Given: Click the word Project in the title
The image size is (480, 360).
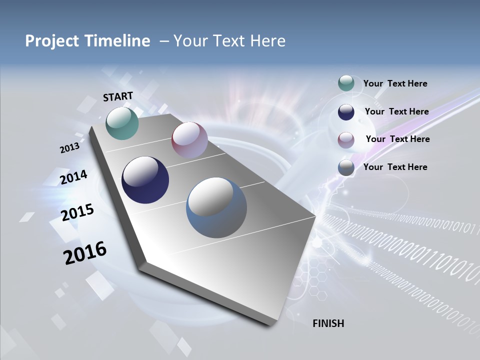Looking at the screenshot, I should (48, 41).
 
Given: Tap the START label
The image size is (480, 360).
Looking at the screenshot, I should (118, 96).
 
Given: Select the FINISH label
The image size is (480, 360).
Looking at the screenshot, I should (328, 323).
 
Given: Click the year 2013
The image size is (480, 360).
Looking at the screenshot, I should (69, 148).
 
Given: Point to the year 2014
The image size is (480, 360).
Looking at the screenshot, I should (73, 177).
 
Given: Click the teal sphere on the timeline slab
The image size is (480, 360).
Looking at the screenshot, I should (122, 123).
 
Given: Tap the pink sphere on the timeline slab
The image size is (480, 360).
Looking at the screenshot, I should (189, 140).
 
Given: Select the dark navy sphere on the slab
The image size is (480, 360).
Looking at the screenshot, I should (145, 180).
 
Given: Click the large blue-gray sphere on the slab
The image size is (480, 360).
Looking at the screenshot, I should (216, 207).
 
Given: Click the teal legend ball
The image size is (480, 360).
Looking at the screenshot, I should (346, 83).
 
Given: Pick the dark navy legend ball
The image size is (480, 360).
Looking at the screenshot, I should (346, 112).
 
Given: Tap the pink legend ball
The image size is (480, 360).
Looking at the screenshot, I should (346, 139).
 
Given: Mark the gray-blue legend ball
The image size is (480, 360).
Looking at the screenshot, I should (346, 167).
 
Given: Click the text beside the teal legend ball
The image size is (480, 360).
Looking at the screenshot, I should (395, 83).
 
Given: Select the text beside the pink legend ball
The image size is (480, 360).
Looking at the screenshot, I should (397, 139).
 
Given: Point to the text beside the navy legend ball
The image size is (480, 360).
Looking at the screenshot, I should (396, 111).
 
